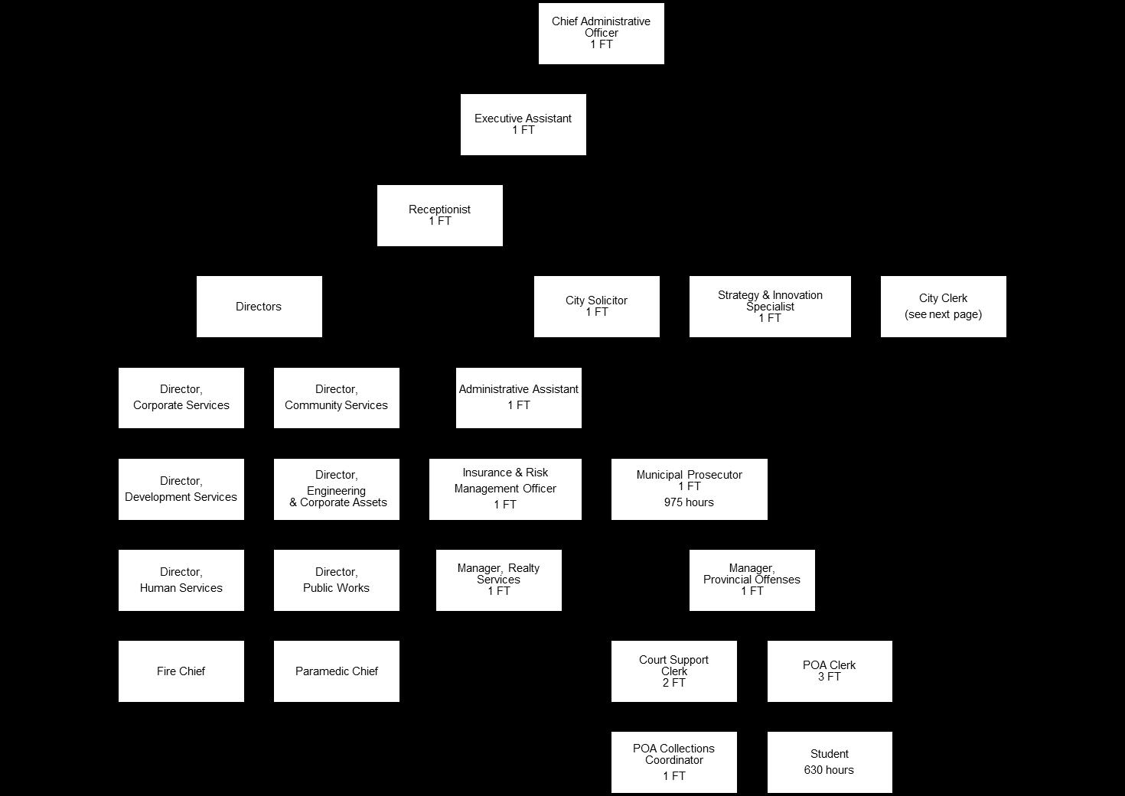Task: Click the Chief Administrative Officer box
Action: [601, 33]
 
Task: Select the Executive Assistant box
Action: [523, 124]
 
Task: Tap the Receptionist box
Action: [439, 215]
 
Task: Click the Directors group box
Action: [259, 307]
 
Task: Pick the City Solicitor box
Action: [596, 306]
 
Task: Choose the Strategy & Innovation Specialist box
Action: [770, 306]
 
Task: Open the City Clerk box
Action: [943, 306]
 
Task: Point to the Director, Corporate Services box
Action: [181, 398]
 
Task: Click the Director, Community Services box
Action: [336, 398]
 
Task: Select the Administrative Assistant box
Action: [518, 398]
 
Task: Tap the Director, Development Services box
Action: [181, 489]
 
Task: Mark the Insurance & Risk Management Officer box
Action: [505, 489]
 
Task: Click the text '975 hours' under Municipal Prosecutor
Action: [689, 502]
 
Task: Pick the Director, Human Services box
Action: [181, 580]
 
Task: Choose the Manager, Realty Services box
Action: [498, 580]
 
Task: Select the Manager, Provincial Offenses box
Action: [752, 580]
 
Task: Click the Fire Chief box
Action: [181, 671]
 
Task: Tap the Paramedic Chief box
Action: [336, 671]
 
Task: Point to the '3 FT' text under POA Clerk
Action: [829, 677]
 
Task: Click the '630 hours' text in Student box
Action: [829, 770]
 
